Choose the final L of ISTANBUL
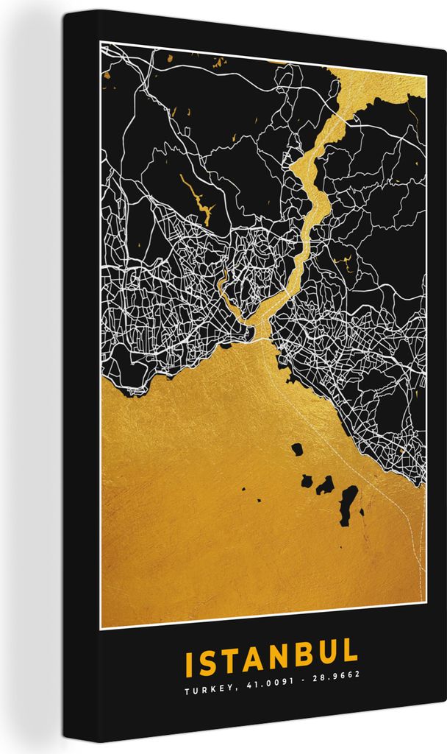click(x=350, y=652)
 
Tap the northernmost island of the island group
click(x=297, y=448)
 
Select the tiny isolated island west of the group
click(x=259, y=500)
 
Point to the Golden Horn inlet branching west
click(x=229, y=291)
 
